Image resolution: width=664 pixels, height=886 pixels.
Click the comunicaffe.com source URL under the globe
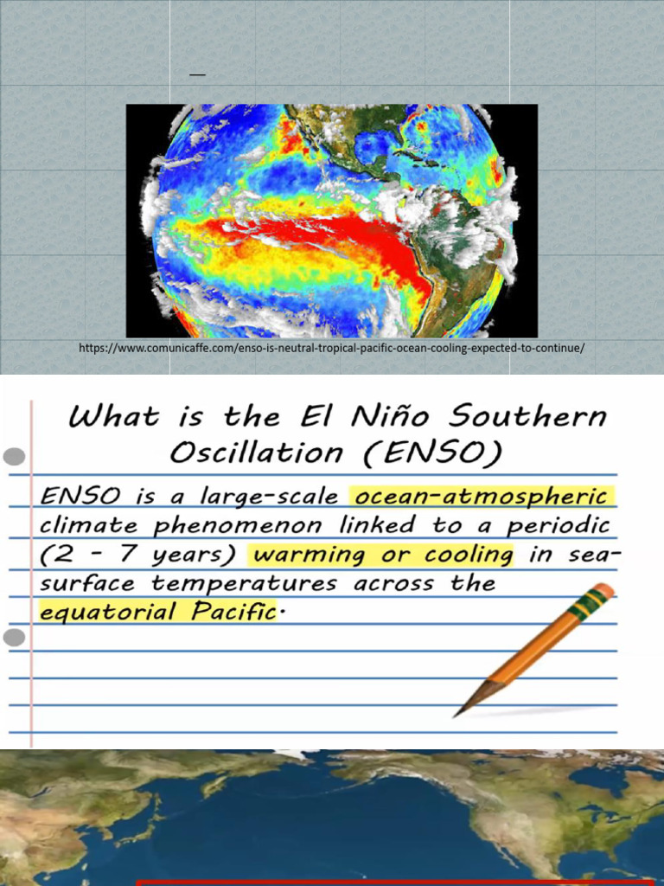pos(331,348)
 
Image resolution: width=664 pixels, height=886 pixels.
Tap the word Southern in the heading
pos(536,418)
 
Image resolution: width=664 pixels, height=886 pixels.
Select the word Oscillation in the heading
pos(256,453)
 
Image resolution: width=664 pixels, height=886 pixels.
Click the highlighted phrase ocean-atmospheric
pos(482,497)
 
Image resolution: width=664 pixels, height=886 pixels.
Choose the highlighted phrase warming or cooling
pos(380,555)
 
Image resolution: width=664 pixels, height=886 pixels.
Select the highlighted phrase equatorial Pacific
pos(157,613)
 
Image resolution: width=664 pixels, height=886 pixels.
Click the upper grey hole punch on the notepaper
pos(15,456)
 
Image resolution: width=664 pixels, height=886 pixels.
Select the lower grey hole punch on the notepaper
pos(15,639)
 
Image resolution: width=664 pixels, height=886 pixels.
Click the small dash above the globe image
pos(198,75)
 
